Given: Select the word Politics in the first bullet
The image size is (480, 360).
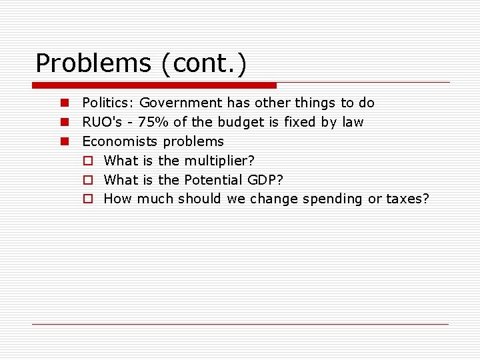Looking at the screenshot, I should pos(108,103).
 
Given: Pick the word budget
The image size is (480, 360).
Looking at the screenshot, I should pos(238,122).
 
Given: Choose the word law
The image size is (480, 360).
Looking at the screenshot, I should pos(352,122).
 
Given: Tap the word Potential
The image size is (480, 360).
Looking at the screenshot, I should pos(214,180).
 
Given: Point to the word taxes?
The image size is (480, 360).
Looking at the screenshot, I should pos(408,199).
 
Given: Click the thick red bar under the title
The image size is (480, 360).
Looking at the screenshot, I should pos(154,85).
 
